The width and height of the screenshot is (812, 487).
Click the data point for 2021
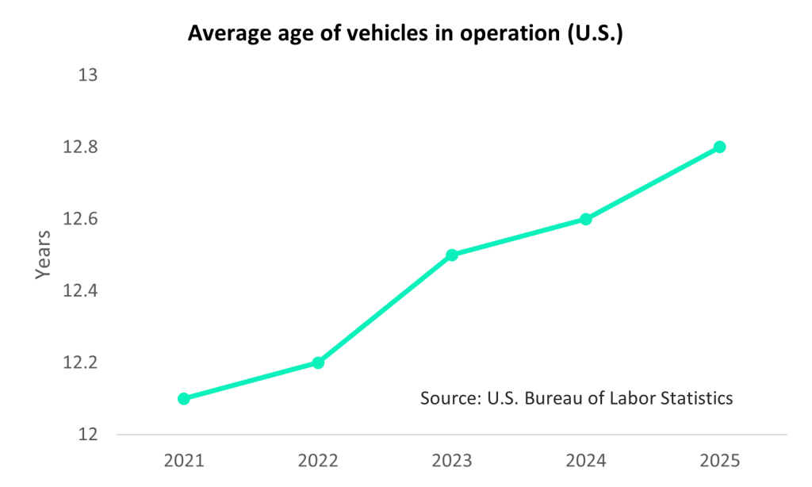[x=184, y=398]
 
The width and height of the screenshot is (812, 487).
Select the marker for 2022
[x=318, y=362]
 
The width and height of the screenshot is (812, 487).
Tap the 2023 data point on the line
[x=452, y=255]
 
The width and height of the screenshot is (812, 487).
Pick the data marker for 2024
[x=586, y=219]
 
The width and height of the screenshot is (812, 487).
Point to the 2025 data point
[x=720, y=147]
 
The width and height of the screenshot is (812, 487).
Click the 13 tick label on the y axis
[x=87, y=75]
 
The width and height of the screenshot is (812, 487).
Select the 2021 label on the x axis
[x=184, y=461]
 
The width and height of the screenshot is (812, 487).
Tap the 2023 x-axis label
[x=452, y=461]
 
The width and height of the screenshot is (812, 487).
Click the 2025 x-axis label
[x=720, y=461]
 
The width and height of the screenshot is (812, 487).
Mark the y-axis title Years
[x=43, y=254]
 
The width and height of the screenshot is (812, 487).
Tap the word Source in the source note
[x=446, y=397]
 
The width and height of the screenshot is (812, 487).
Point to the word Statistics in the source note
[x=694, y=397]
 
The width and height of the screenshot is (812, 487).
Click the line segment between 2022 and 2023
[x=385, y=309]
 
